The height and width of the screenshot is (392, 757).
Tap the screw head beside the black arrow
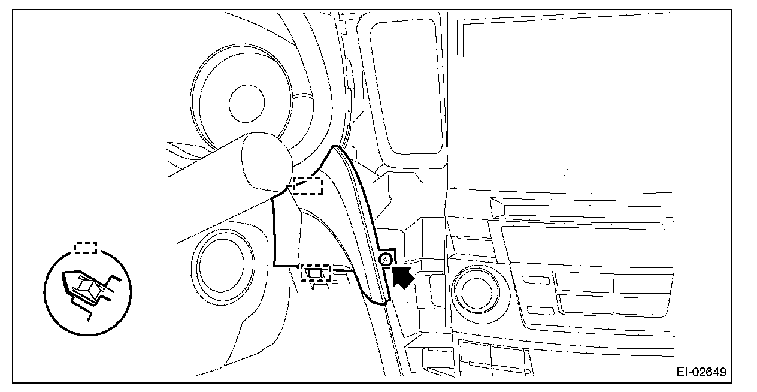point(386,260)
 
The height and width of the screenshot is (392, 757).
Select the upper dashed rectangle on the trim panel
point(308,186)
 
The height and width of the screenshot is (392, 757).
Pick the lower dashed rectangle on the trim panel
point(316,273)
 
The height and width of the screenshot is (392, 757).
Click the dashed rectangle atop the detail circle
point(86,248)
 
